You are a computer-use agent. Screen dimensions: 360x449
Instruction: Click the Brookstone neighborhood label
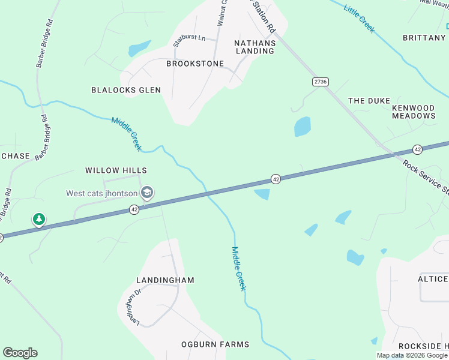tap(195, 64)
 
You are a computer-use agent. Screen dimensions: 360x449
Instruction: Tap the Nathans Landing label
tap(255, 47)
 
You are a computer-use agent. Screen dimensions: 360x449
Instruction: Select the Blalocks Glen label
tap(126, 90)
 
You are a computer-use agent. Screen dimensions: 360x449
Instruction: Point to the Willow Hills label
tap(116, 171)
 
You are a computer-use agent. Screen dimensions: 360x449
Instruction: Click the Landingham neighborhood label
tap(165, 280)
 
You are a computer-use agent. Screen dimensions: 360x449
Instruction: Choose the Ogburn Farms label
tap(215, 344)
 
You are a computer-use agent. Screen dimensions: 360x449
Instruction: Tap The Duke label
tap(369, 101)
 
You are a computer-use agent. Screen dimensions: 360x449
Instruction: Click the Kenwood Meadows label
tap(414, 112)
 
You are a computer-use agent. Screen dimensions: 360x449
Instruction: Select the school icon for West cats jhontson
tap(146, 193)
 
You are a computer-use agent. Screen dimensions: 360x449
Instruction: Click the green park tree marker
tap(39, 220)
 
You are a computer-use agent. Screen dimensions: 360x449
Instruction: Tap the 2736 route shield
tap(320, 82)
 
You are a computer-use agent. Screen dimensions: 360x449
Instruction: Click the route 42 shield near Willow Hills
tap(134, 209)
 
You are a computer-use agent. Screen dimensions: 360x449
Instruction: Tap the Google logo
tap(20, 353)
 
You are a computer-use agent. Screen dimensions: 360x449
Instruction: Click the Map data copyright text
tap(412, 355)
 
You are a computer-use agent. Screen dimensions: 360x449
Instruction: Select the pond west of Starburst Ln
tap(139, 47)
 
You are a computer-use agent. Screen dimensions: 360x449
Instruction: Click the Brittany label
tap(424, 38)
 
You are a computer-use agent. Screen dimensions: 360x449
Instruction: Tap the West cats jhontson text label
tap(101, 193)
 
